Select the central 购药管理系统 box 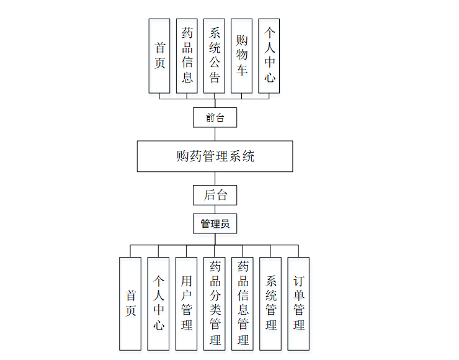[x=215, y=156]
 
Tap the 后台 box [x=215, y=196]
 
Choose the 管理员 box [x=215, y=223]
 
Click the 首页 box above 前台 [x=159, y=56]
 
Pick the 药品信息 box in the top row [x=187, y=56]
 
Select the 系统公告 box [x=214, y=56]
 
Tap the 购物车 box [x=241, y=56]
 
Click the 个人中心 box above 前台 [x=269, y=56]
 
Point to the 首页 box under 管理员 [x=130, y=303]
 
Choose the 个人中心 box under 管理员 [x=158, y=303]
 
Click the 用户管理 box [x=186, y=303]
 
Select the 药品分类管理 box [x=215, y=303]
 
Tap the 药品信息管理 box [x=243, y=303]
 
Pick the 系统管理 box [x=270, y=303]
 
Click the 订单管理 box [x=298, y=303]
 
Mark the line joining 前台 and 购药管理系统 [x=215, y=134]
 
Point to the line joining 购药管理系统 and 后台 [x=215, y=179]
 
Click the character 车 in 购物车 [x=241, y=70]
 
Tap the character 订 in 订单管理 [x=298, y=281]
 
